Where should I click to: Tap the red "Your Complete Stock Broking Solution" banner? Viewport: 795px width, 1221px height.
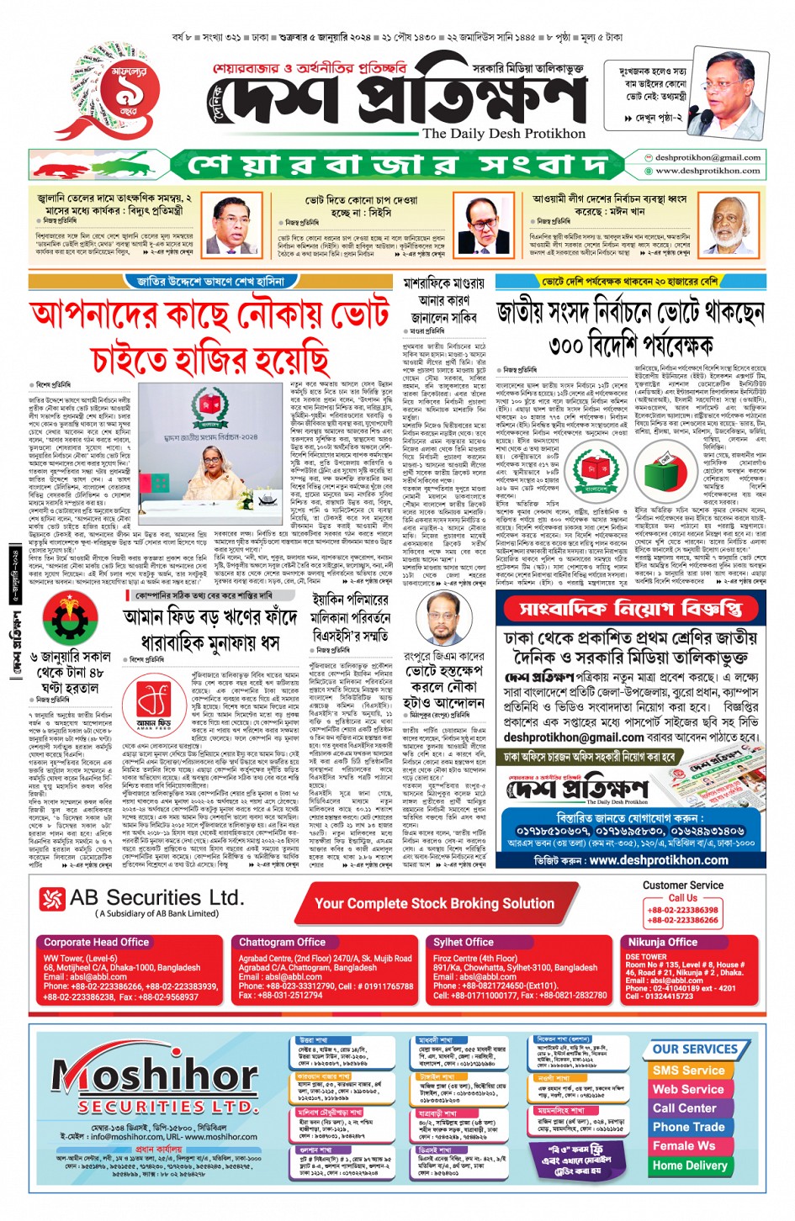434,904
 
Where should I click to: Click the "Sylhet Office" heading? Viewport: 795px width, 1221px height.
464,943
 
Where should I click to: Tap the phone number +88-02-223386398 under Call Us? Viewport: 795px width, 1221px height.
682,910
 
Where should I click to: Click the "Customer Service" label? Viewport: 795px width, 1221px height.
682,885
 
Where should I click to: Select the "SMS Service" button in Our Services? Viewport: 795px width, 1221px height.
688,1070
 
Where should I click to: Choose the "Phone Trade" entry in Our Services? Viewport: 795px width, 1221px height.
688,1127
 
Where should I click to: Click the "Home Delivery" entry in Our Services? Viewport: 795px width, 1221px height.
689,1165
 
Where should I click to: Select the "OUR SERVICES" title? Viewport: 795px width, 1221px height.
694,1049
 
